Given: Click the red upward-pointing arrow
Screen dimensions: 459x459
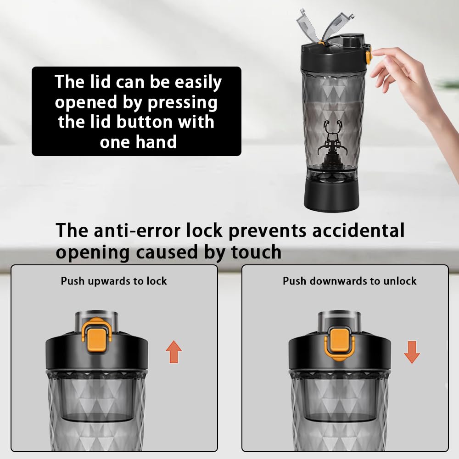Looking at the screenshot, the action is tap(174, 352).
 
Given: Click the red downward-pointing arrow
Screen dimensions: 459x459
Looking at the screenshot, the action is tap(412, 352).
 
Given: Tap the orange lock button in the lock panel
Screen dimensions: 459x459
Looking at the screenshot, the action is tap(96, 335).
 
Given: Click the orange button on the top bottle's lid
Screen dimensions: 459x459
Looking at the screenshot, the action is tap(368, 54).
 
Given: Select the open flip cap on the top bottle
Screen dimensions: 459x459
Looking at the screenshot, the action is tap(325, 26).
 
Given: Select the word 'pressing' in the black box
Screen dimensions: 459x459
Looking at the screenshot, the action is tap(183, 103).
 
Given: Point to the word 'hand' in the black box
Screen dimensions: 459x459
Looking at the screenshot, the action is tap(156, 142).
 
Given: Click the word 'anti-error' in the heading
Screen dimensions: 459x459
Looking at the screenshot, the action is tap(137, 230).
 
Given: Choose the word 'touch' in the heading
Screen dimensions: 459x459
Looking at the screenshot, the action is tap(256, 252).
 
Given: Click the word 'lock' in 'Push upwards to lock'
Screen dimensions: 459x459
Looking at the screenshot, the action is tap(157, 281).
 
